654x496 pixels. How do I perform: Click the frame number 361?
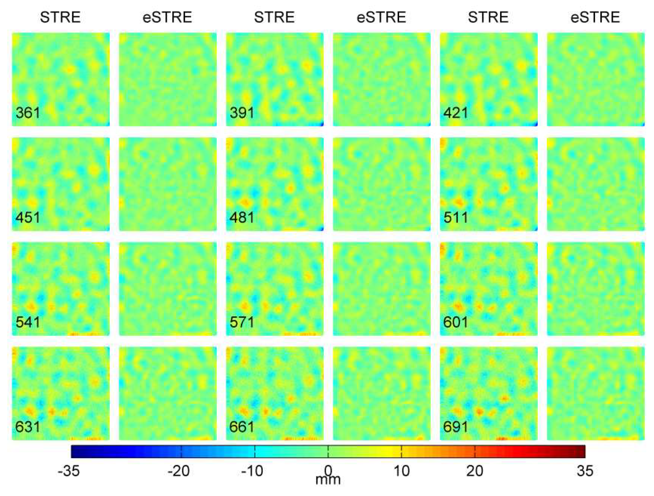click(28, 113)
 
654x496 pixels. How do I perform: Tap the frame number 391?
click(242, 113)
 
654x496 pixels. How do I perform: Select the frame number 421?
click(456, 113)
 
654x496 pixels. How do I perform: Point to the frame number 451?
click(28, 218)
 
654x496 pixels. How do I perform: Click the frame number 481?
click(242, 218)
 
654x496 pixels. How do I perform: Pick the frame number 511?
click(456, 218)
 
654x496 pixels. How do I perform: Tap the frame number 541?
click(28, 322)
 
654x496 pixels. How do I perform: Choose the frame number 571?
click(242, 322)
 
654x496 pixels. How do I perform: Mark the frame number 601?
click(456, 322)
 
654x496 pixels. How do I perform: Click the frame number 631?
click(28, 427)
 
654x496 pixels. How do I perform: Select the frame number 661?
click(242, 427)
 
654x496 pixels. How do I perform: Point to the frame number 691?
click(456, 427)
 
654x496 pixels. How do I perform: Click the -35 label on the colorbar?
click(69, 471)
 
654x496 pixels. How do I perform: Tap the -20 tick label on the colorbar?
click(179, 471)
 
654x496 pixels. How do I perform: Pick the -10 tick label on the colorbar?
click(252, 471)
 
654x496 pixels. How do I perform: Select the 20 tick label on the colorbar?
click(475, 471)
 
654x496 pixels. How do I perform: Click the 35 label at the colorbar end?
click(585, 471)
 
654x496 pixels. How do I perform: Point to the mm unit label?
click(328, 480)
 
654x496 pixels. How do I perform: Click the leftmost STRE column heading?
click(60, 17)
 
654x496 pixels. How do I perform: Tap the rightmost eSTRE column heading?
click(595, 17)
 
